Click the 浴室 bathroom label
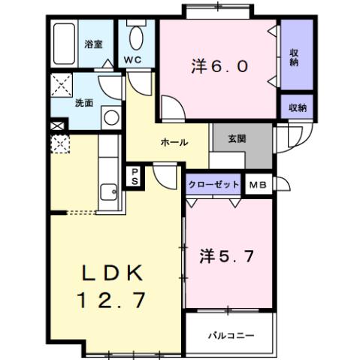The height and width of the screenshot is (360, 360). click(x=94, y=44)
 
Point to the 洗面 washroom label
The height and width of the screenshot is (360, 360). click(x=84, y=104)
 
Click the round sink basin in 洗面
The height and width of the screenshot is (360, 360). click(x=110, y=116)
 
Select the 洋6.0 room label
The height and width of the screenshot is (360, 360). click(x=219, y=65)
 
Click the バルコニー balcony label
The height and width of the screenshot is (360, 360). click(x=231, y=334)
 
